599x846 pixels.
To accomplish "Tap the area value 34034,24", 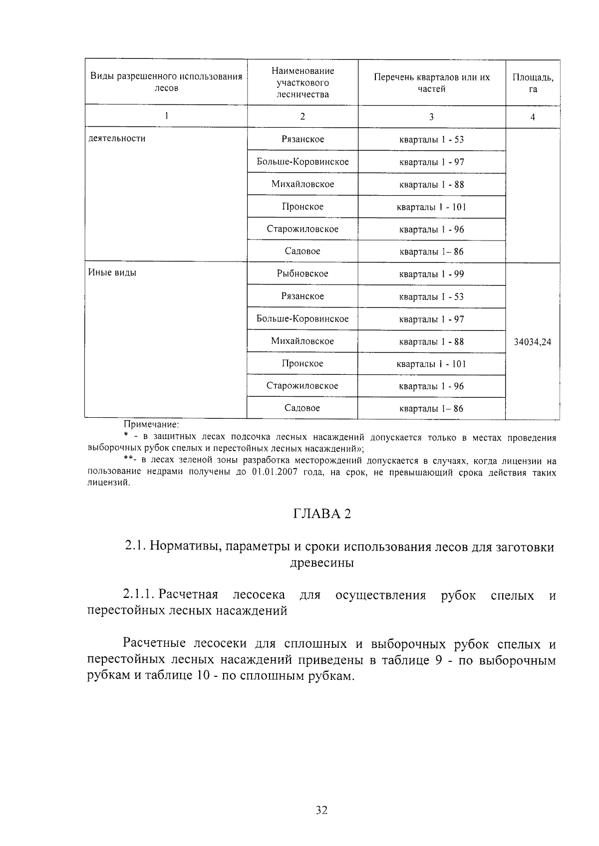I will coord(532,342).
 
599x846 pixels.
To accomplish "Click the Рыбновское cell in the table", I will coord(302,274).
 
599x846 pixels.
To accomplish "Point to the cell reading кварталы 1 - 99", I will coord(431,274).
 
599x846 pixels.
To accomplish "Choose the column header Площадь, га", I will coord(533,83).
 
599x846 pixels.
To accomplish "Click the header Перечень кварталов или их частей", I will coord(432,83).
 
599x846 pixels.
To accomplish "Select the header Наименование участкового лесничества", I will coord(302,82).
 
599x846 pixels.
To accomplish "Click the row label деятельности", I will coord(117,138).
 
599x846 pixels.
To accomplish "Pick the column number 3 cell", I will coord(431,117).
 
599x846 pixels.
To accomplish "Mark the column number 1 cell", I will coord(166,116).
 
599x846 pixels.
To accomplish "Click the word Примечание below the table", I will coord(151,425).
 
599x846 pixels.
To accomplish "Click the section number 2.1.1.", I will coord(138,595).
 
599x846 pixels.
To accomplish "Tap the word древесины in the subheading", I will coord(321,563).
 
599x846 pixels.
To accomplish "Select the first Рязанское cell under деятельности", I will coord(302,139).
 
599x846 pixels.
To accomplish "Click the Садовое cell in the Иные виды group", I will coord(302,408).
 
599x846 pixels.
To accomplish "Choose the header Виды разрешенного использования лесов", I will coord(166,82).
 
